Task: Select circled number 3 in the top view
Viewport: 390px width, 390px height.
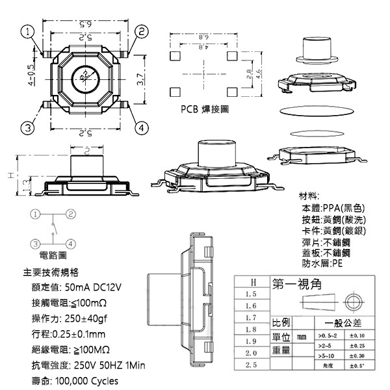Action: pyautogui.click(x=27, y=127)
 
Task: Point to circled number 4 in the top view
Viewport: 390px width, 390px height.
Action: pyautogui.click(x=140, y=128)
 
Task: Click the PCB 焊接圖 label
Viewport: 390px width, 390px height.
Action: pyautogui.click(x=205, y=110)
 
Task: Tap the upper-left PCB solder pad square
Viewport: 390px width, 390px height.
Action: pyautogui.click(x=174, y=57)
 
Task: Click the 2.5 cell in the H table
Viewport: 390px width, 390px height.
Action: pyautogui.click(x=250, y=365)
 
